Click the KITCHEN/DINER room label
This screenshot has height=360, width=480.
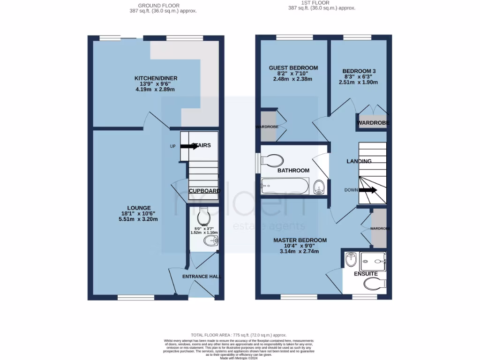click(x=156, y=78)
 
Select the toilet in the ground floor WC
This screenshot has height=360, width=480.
click(x=204, y=217)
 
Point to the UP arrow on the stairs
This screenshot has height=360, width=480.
click(x=189, y=146)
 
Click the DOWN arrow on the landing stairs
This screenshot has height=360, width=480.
click(x=368, y=190)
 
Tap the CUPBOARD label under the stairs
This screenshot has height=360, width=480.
click(x=204, y=191)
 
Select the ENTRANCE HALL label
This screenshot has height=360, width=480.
click(x=202, y=277)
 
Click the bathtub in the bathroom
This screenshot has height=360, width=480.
click(x=285, y=187)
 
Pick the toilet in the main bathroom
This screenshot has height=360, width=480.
click(x=271, y=161)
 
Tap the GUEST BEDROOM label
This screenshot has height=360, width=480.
click(x=293, y=68)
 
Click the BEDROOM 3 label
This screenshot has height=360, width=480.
click(x=360, y=71)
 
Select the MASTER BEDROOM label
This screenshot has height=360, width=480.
click(x=300, y=240)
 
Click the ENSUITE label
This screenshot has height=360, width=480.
click(x=366, y=273)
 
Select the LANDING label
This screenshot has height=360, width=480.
click(x=359, y=161)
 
